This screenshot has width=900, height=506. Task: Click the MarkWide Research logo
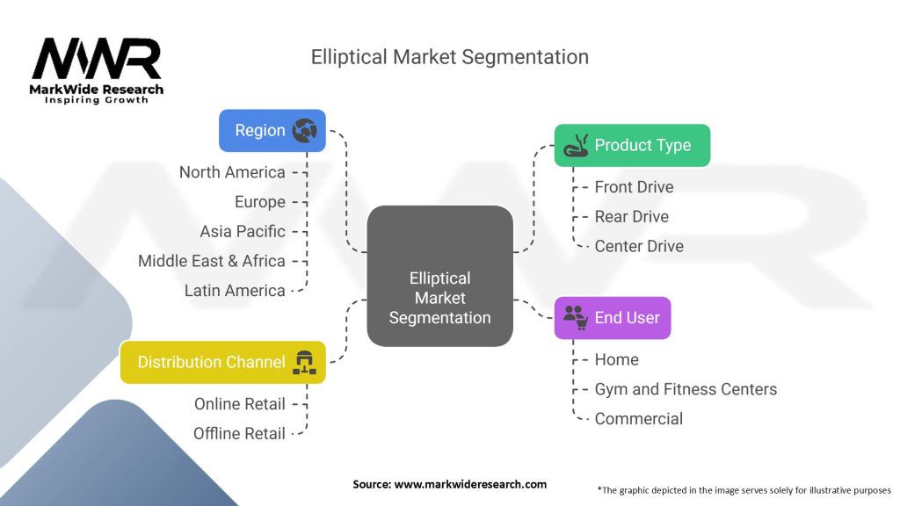click(x=98, y=70)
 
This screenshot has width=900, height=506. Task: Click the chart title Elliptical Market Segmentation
click(x=449, y=57)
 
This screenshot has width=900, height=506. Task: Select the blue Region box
click(x=272, y=130)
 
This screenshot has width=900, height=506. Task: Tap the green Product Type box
click(x=631, y=145)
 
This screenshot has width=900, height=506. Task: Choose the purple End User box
click(x=612, y=318)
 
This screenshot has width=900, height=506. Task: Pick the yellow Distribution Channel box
click(x=222, y=362)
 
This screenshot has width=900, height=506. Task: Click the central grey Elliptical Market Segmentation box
click(x=439, y=274)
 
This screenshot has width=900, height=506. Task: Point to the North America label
click(x=232, y=172)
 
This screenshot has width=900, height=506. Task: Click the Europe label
click(x=260, y=202)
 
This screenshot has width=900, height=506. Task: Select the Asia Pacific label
click(x=243, y=231)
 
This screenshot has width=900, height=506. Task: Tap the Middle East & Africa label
click(x=212, y=261)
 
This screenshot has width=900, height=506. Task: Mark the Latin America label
click(x=235, y=290)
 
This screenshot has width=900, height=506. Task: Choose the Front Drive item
click(x=634, y=186)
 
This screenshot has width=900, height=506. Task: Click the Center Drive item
click(x=639, y=246)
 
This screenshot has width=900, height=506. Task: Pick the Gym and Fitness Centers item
click(x=686, y=389)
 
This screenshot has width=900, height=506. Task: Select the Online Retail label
click(x=240, y=404)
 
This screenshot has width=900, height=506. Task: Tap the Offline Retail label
click(x=239, y=433)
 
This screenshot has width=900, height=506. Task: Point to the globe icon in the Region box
click(x=307, y=130)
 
